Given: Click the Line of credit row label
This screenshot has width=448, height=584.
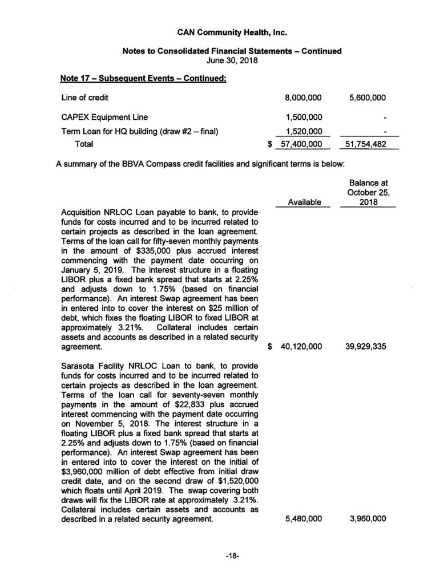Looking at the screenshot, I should (85, 98).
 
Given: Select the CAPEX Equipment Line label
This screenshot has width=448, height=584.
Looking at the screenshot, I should (105, 117).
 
